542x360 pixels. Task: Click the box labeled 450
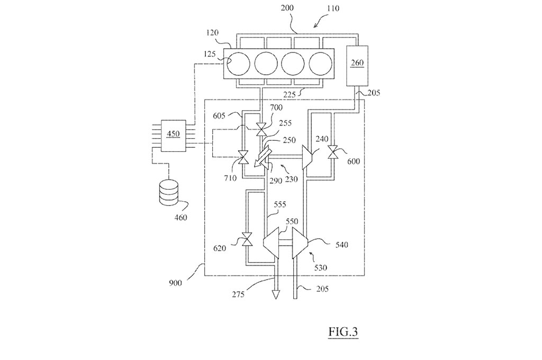coord(173,134)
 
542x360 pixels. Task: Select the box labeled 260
coord(357,66)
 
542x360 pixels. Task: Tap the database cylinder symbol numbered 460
coord(169,192)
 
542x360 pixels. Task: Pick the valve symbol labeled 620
coord(247,240)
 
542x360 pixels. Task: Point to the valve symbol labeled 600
coord(333,152)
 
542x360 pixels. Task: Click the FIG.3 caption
coord(343,331)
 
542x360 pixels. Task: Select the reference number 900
coord(175,283)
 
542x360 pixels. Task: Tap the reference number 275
coord(238,294)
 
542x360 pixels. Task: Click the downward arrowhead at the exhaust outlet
coord(275,294)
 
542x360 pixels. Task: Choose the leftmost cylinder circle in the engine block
coord(238,64)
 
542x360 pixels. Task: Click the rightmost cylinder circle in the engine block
coord(320,64)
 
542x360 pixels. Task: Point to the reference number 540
coord(341,245)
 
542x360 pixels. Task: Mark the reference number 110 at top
coord(333,7)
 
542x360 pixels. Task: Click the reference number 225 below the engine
coord(289,94)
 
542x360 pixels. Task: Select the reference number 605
coord(219,115)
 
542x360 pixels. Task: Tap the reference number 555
coord(279,205)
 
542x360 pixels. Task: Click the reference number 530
coord(320,267)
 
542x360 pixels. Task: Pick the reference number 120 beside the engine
coord(212,33)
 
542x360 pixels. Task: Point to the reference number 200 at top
coord(287,7)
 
